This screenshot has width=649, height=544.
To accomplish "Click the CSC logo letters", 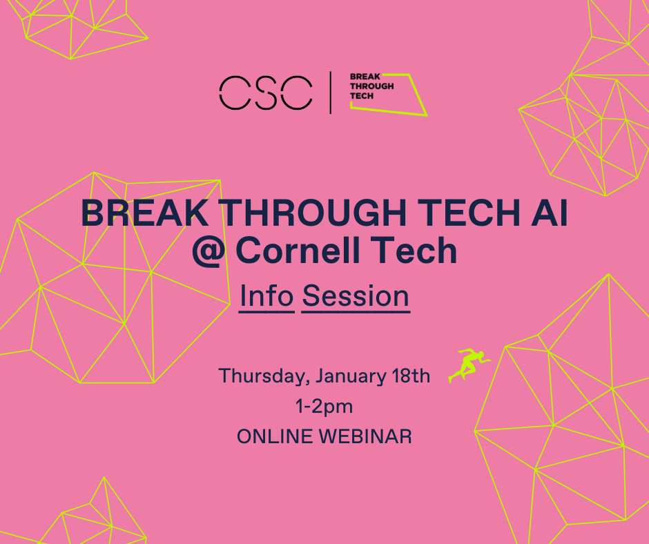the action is click(266, 93).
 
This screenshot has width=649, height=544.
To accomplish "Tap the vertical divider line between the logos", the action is click(330, 93).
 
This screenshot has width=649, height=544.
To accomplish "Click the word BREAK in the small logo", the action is click(365, 77).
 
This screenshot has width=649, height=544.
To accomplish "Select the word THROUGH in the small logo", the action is click(371, 86).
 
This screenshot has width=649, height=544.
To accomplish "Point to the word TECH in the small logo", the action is click(362, 96).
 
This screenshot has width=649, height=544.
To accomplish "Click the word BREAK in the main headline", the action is click(145, 213).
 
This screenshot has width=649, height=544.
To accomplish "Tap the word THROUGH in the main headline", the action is click(315, 213).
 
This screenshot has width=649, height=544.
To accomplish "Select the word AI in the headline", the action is click(550, 213).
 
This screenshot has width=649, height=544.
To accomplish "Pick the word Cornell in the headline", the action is click(301, 250).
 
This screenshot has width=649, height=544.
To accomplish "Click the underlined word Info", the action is click(267, 296).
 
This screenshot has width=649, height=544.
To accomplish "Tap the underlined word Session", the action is click(356, 296).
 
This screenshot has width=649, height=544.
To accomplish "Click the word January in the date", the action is click(351, 376).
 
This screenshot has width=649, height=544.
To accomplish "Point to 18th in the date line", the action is click(411, 376).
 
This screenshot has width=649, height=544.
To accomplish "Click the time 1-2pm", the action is click(324, 407).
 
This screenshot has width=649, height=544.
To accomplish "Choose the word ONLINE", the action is click(274, 437).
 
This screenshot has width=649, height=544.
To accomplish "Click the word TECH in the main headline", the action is click(469, 213).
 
